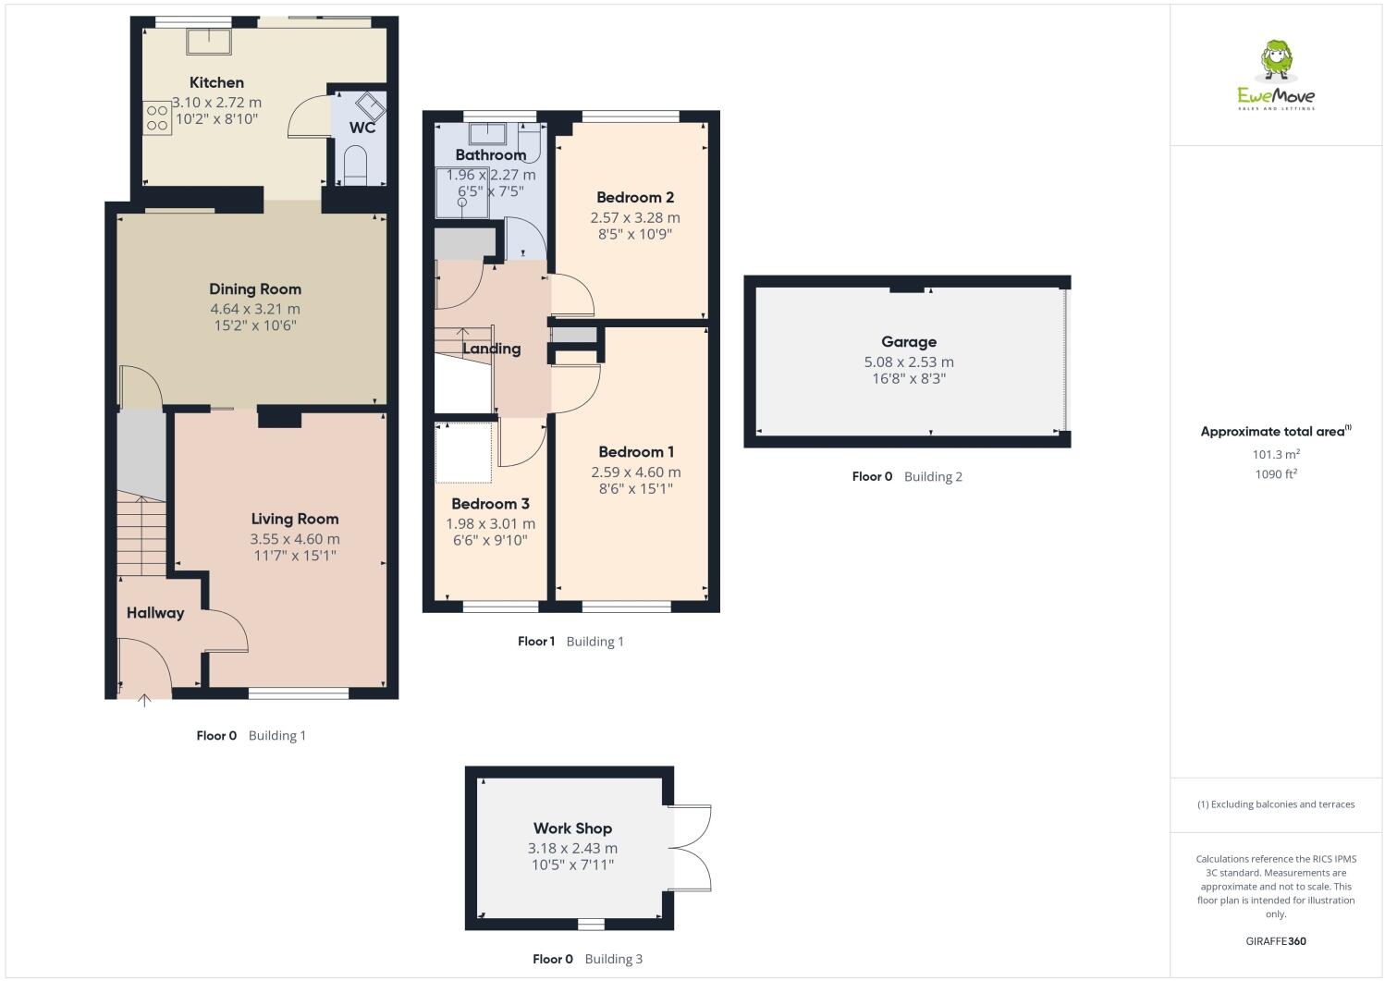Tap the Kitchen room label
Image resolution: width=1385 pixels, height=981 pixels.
216,82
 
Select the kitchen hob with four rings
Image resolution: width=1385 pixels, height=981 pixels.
157,117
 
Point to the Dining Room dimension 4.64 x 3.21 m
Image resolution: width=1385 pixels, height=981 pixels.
254,309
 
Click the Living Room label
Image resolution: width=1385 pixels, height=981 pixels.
295,519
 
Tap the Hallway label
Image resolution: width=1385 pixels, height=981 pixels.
155,613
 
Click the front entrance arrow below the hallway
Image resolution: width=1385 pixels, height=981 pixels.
144,701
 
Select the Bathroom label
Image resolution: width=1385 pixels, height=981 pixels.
490,154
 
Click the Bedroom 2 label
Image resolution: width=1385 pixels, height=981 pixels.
634,197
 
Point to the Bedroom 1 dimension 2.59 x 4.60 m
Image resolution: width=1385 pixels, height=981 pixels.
635,472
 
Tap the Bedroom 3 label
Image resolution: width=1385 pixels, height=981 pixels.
490,504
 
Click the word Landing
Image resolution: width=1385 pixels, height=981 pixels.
491,349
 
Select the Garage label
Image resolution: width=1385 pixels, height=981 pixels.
908,341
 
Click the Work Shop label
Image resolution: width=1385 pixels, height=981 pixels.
572,828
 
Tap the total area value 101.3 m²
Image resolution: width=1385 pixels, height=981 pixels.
1276,454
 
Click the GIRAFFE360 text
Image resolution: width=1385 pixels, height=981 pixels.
1276,941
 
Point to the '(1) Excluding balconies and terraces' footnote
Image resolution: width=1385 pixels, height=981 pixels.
1276,804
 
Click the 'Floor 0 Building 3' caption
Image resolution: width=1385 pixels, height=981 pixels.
587,959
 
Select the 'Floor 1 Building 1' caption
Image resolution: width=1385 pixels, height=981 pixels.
570,641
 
